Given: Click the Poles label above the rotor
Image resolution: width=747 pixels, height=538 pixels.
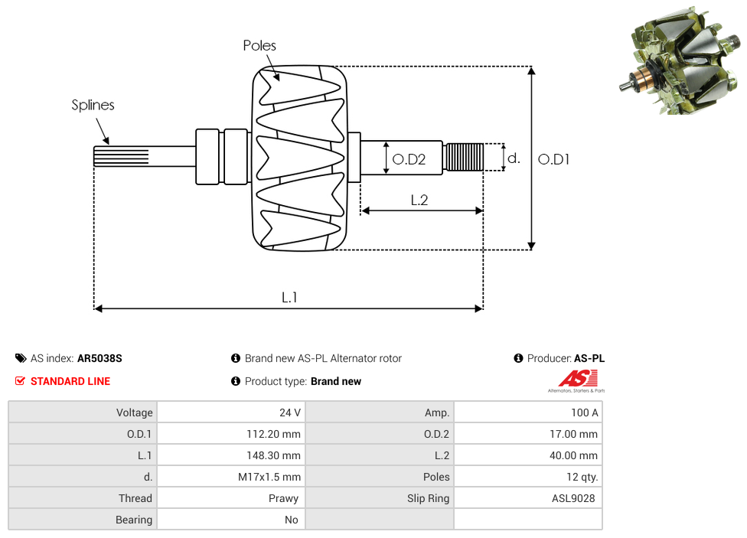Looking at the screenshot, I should (x=259, y=46).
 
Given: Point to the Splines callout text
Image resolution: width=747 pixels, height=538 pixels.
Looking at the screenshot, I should (x=93, y=105).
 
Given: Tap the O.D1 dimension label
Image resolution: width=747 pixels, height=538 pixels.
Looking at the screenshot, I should (x=553, y=159).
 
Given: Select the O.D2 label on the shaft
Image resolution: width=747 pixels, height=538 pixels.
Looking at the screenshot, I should (x=408, y=160).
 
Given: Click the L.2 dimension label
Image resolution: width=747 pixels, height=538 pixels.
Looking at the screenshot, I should (x=419, y=200).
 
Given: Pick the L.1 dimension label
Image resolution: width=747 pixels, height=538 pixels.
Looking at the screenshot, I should (x=289, y=297).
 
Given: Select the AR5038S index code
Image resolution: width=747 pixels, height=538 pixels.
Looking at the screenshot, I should (x=99, y=358).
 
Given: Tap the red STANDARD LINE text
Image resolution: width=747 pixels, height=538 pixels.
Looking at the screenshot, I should (x=70, y=381).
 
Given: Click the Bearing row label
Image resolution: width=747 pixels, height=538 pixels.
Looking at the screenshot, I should (x=134, y=520).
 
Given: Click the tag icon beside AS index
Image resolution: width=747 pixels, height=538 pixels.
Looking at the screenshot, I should (x=20, y=358).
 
